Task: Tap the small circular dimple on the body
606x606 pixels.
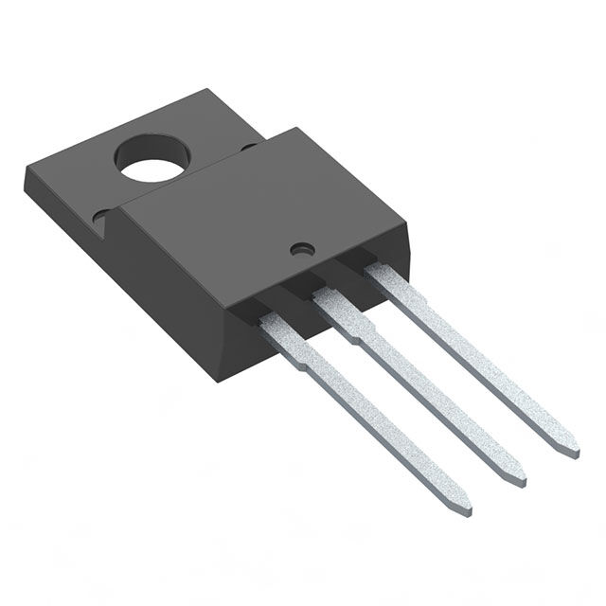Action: pos(302,250)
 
